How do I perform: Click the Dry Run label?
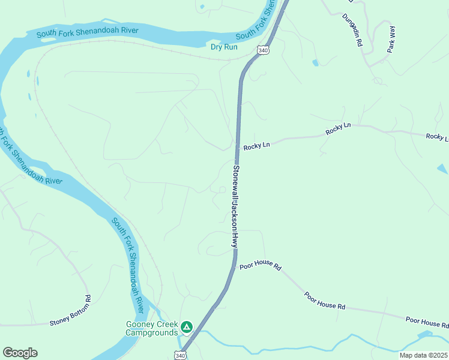(224, 47)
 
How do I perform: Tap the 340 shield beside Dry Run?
(263, 50)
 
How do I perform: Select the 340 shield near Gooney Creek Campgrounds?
(179, 355)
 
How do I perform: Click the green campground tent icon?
(187, 327)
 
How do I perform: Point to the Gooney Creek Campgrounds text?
(151, 328)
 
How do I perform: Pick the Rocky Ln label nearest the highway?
(257, 145)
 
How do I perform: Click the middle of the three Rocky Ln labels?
(338, 128)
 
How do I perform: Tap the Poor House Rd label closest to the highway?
(261, 265)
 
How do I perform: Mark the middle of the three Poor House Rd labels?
(325, 301)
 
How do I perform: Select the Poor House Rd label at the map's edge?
(427, 323)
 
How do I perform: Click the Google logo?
(20, 352)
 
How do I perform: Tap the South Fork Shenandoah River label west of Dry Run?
(87, 32)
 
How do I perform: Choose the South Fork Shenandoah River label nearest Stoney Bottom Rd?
(128, 264)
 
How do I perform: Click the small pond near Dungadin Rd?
(315, 62)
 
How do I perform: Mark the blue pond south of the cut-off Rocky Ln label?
(442, 170)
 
